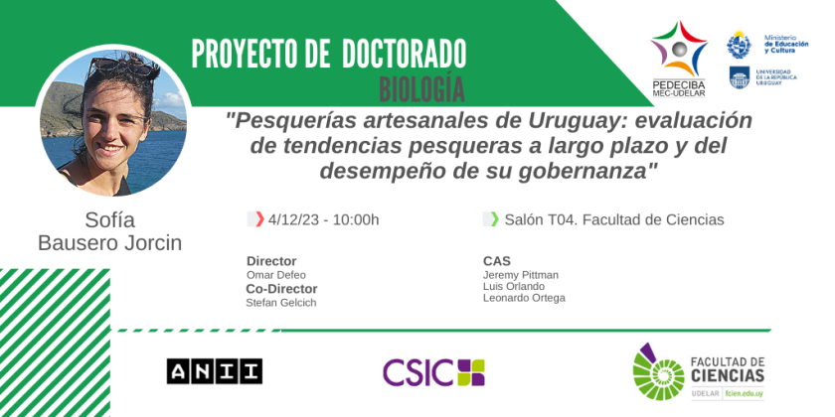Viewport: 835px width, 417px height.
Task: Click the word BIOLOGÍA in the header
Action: coord(421,88)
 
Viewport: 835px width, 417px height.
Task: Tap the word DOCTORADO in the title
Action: coord(405,54)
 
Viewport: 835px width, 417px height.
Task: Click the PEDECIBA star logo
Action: coord(679,49)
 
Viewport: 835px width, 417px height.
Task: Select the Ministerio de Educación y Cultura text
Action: coord(786,44)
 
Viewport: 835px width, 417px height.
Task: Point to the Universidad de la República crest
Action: coord(740,77)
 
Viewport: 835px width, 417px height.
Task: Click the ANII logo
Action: coord(214,371)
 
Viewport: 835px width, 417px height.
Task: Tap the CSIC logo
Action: coord(433,372)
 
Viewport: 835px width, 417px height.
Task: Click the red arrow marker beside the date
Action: coord(259,219)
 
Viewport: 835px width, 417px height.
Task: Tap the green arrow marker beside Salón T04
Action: coord(495,219)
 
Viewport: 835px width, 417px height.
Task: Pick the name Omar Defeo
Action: coord(276,275)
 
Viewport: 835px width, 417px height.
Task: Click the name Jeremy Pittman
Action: coord(521,275)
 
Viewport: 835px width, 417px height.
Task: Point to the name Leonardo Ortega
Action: coord(524,298)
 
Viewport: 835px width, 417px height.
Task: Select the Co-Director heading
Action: coord(281,289)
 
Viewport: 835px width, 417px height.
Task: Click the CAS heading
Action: coord(497,261)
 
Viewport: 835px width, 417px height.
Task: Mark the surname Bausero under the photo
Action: coord(79,243)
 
